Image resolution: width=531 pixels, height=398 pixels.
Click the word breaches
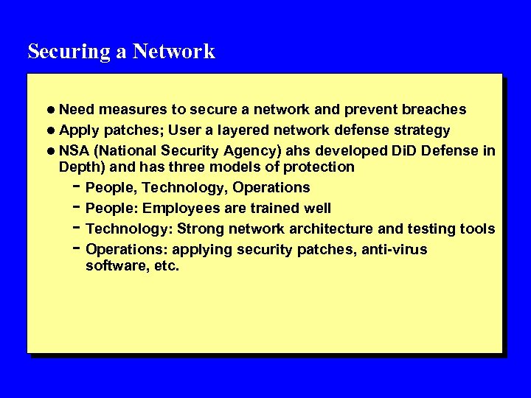click(434, 110)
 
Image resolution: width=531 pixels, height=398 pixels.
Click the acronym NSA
click(74, 151)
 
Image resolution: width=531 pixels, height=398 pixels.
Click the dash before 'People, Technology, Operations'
click(77, 186)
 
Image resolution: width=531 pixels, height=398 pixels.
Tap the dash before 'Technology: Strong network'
click(77, 228)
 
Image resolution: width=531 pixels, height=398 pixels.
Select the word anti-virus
click(394, 250)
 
